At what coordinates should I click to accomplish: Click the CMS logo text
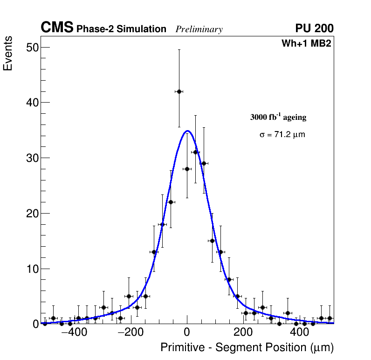tap(57, 28)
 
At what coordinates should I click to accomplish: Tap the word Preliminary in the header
tap(199, 30)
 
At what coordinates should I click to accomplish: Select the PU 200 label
tap(314, 28)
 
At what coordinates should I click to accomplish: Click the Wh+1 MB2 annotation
tap(306, 44)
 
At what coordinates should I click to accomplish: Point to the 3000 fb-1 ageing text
tap(278, 117)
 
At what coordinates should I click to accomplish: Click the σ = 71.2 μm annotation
tap(282, 135)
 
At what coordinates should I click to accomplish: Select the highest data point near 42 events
tap(179, 91)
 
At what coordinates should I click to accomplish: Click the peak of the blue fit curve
tap(187, 131)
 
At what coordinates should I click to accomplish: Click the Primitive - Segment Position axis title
tap(247, 348)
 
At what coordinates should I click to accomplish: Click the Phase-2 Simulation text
tap(121, 29)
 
